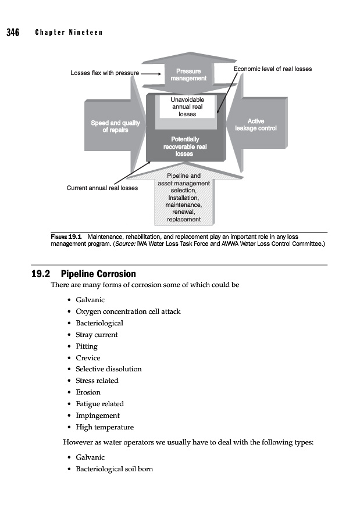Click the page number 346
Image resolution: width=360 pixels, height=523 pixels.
point(13,33)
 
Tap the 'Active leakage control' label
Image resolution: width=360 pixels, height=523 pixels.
point(255,124)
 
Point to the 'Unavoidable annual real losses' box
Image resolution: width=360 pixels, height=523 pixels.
point(187,107)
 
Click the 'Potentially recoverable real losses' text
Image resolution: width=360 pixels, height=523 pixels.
point(185,146)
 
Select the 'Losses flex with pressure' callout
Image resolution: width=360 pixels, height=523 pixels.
point(105,74)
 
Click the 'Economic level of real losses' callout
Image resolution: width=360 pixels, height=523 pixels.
point(272,69)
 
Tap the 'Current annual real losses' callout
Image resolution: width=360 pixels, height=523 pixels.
point(102,188)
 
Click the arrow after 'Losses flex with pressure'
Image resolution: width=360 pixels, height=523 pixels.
point(151,74)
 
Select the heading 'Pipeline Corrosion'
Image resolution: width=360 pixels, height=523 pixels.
point(98,274)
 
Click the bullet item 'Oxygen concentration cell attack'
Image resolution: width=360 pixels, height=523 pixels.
point(128,311)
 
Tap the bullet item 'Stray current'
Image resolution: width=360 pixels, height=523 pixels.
point(97,335)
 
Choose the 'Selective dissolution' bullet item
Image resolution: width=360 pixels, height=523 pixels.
point(108,369)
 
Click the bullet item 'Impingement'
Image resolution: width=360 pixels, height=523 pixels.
point(97,415)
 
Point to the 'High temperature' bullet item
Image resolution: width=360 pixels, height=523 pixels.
point(104,427)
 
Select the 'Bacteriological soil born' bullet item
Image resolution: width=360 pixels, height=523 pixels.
point(114,469)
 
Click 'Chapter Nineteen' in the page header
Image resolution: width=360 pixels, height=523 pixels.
point(69,33)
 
